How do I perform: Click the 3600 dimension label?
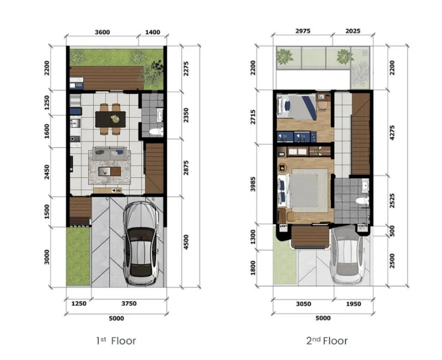pyautogui.click(x=102, y=32)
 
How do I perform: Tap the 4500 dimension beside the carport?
pyautogui.click(x=186, y=241)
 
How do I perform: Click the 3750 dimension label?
pyautogui.click(x=129, y=304)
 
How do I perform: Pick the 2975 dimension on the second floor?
pyautogui.click(x=302, y=31)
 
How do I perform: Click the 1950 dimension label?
pyautogui.click(x=353, y=304)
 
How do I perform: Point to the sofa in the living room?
pyautogui.click(x=110, y=154)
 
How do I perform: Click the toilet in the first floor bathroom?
pyautogui.click(x=156, y=131)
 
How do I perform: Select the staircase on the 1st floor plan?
pyautogui.click(x=155, y=168)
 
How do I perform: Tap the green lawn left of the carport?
pyautogui.click(x=78, y=255)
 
